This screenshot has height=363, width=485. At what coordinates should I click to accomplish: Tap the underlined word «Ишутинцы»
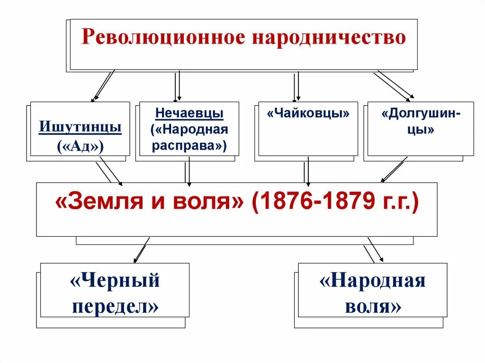tap(80, 127)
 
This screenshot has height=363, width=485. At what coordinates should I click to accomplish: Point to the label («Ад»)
tap(80, 146)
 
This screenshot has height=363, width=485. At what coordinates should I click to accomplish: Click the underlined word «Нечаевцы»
tap(189, 114)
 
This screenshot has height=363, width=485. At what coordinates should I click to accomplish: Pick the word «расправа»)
tap(189, 145)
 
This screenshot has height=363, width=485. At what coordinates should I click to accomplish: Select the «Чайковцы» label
tap(308, 114)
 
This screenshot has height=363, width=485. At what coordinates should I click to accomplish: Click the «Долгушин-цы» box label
tap(421, 122)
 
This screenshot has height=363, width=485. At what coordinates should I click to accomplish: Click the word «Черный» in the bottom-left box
tap(115, 281)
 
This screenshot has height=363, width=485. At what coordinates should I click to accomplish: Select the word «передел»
tap(115, 307)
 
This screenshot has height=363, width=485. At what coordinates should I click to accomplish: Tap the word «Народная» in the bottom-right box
tap(373, 281)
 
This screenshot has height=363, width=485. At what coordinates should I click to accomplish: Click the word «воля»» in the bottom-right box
tap(373, 307)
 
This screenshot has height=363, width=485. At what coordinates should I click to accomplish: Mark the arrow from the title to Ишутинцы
tap(104, 86)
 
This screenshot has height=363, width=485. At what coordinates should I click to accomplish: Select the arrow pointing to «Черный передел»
tap(142, 250)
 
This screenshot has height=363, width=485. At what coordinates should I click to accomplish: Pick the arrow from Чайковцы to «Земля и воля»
tap(307, 170)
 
